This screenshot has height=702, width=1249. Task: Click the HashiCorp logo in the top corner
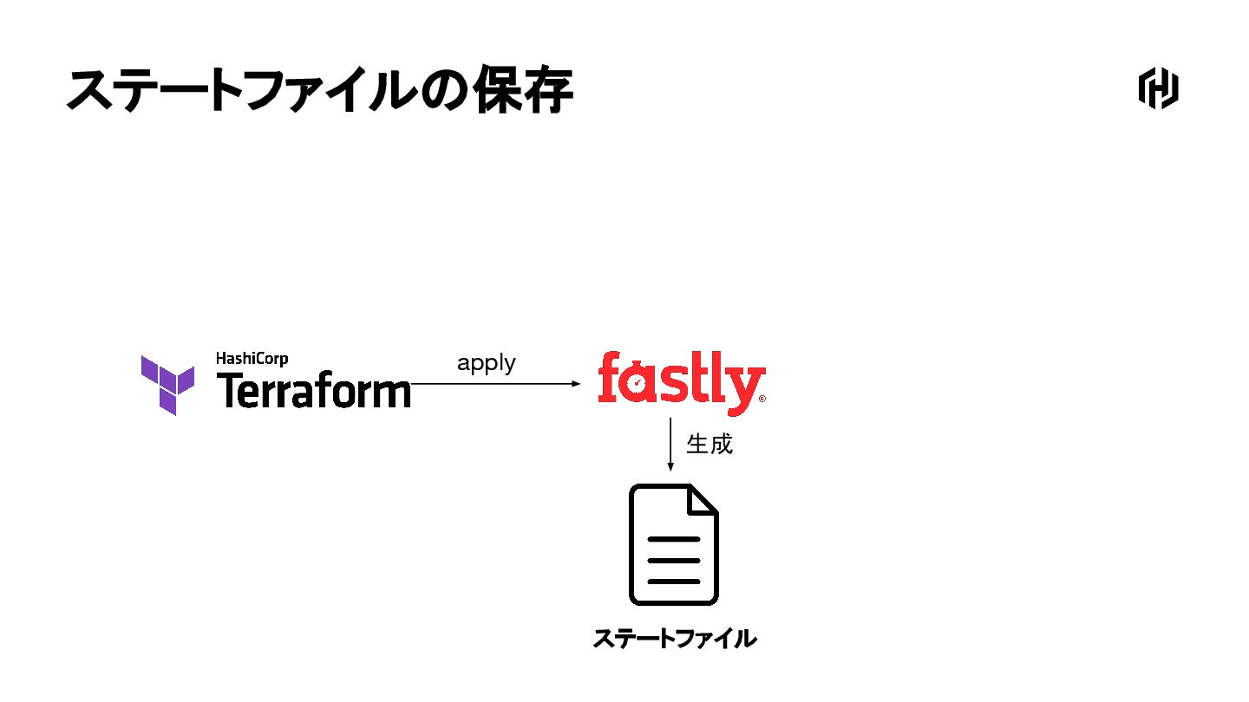tap(1158, 88)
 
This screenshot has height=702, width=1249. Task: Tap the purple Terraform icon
tap(167, 384)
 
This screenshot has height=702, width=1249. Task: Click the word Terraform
tap(313, 391)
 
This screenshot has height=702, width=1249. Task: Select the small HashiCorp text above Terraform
tap(252, 359)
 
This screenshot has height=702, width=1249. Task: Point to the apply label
tap(486, 363)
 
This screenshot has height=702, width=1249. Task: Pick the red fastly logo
tap(681, 382)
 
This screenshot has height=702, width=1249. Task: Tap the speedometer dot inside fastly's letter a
tap(638, 382)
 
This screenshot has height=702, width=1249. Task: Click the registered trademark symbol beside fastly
tap(762, 400)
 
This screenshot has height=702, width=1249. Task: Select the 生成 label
tap(710, 445)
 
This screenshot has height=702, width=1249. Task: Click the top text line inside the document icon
tap(673, 539)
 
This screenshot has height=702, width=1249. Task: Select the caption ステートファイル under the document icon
tap(674, 640)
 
